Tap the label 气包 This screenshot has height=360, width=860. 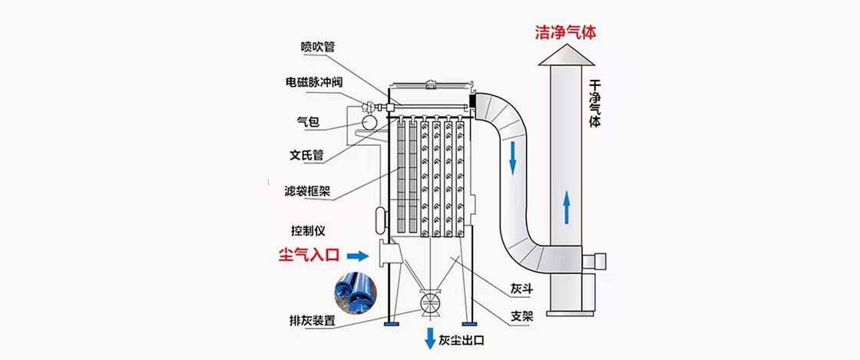(x=308, y=121)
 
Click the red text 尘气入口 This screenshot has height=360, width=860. (x=309, y=254)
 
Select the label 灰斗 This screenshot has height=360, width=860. (x=521, y=289)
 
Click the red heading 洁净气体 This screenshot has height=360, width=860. (x=566, y=32)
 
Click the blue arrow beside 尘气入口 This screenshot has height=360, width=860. (x=358, y=255)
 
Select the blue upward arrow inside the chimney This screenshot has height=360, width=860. (x=566, y=207)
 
